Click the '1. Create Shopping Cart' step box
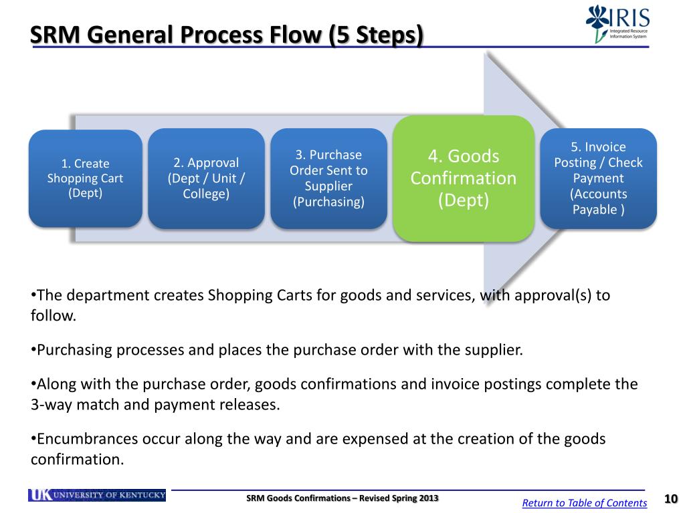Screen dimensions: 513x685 tap(85, 178)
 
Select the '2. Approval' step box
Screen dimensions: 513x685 tap(206, 178)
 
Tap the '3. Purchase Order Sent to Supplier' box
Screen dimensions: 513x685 tap(328, 178)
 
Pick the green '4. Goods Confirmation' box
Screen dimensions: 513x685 tap(463, 178)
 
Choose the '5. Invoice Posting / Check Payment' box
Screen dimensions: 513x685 tap(598, 178)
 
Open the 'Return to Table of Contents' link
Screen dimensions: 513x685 tap(584, 503)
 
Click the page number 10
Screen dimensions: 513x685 tap(671, 500)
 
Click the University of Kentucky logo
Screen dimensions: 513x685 tap(97, 495)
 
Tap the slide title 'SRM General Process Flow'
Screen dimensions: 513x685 tap(177, 35)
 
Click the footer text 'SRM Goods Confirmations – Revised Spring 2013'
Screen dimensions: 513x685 tap(342, 498)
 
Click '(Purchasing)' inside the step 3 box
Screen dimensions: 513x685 tap(328, 202)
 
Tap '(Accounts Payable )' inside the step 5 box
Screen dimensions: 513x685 tap(598, 202)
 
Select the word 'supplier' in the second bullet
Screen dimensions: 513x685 tap(494, 350)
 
